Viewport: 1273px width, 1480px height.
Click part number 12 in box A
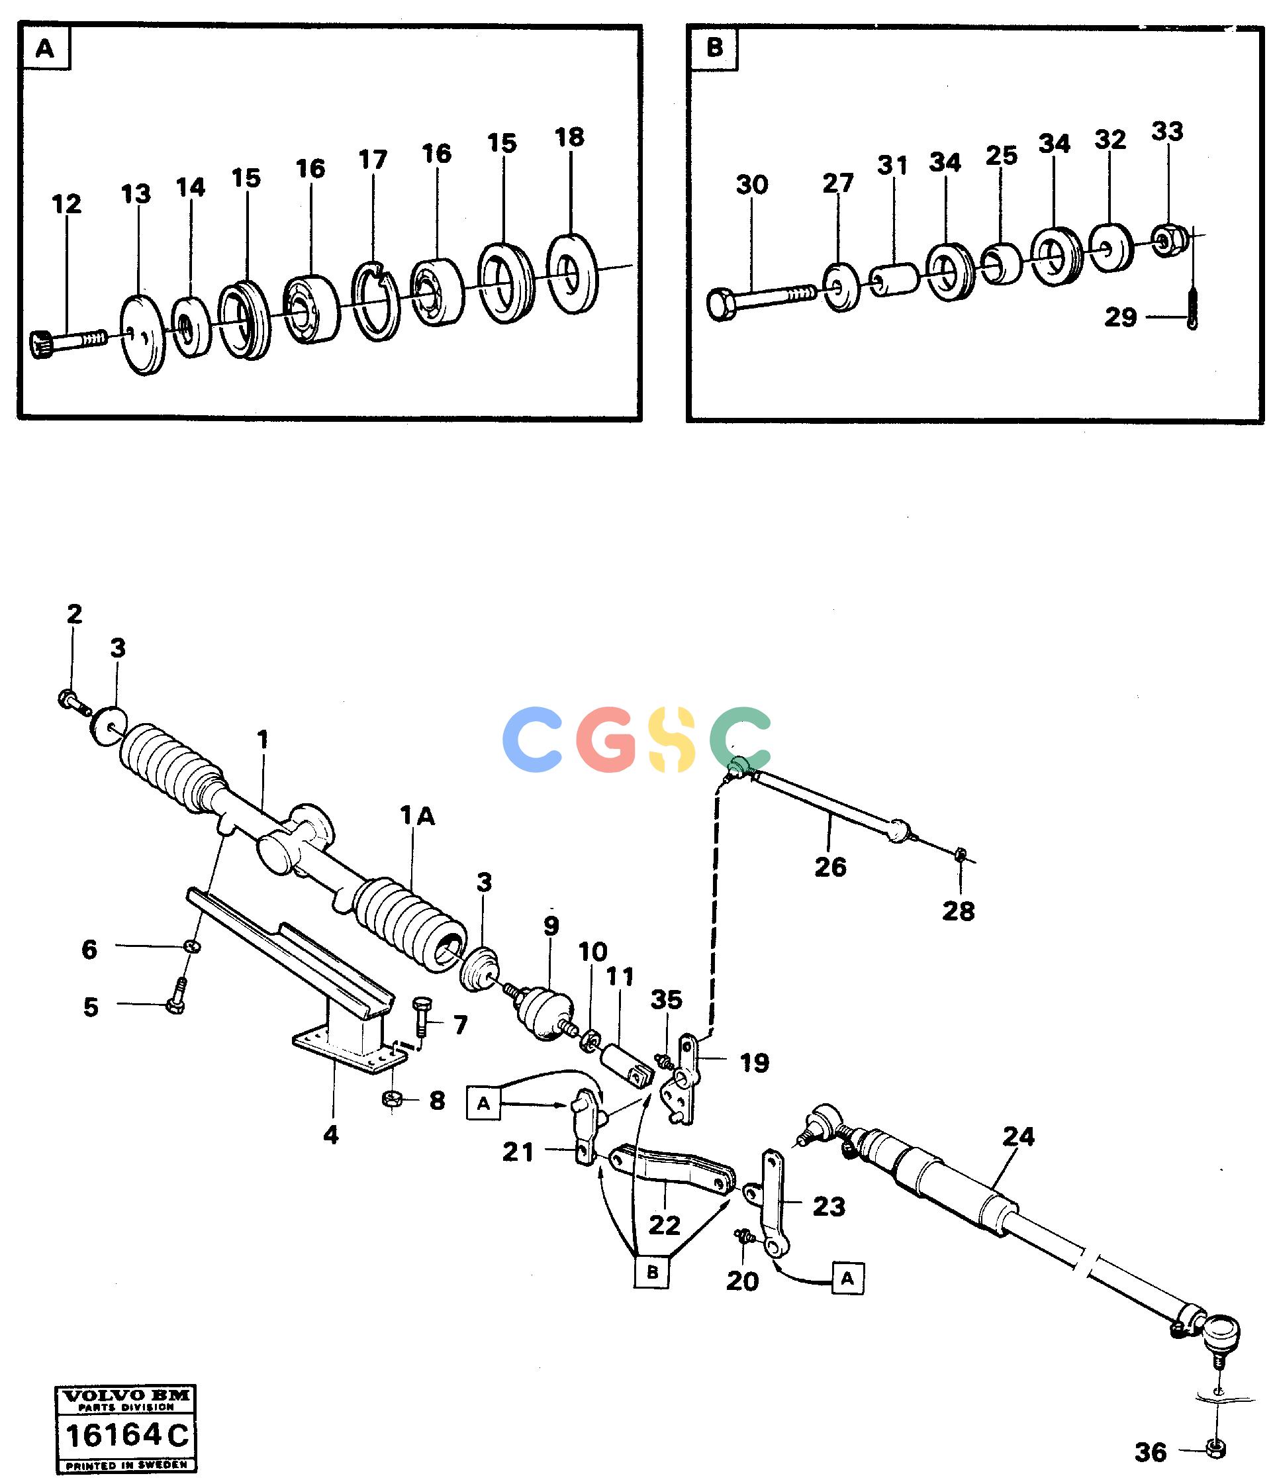pyautogui.click(x=66, y=204)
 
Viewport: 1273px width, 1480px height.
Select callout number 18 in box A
pyautogui.click(x=569, y=137)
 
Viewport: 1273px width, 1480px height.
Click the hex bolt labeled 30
pyautogui.click(x=760, y=299)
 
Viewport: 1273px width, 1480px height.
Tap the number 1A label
pyautogui.click(x=418, y=816)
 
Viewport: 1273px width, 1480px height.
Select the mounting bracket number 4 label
pyautogui.click(x=330, y=1134)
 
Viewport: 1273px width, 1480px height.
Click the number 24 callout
pyautogui.click(x=1018, y=1136)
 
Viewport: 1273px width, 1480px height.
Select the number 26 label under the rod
pyautogui.click(x=830, y=867)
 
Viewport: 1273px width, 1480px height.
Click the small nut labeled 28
pyautogui.click(x=961, y=853)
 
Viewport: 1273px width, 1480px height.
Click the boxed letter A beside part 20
pyautogui.click(x=847, y=1279)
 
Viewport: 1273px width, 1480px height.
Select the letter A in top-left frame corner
pyautogui.click(x=44, y=48)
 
